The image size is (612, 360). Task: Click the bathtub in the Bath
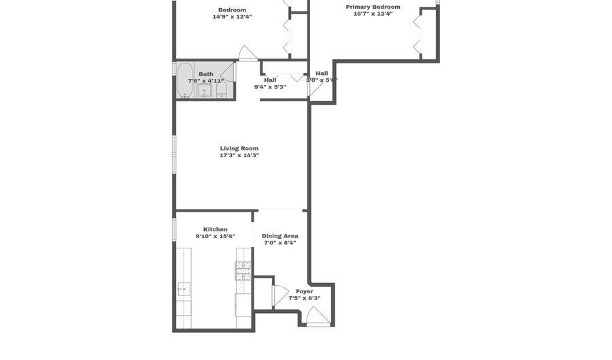tap(185, 80)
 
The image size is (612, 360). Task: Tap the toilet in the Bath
tap(221, 89)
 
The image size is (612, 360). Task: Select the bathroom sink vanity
tap(204, 91)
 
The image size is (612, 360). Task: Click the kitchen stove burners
tap(243, 272)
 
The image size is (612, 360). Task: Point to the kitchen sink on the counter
tap(183, 289)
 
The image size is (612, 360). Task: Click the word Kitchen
tap(216, 229)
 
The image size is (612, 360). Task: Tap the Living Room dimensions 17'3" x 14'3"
tap(239, 155)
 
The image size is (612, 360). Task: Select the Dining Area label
tap(280, 235)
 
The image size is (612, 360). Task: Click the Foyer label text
tap(304, 291)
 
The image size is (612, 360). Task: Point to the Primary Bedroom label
tap(373, 7)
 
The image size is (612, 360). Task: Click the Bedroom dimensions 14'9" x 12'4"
tap(233, 16)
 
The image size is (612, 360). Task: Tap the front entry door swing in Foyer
tap(316, 316)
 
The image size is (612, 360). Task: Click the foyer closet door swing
tap(279, 295)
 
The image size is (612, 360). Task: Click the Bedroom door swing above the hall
tap(248, 53)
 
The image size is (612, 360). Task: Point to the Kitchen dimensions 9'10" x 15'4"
tap(216, 237)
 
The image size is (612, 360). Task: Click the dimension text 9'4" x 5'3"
tap(270, 87)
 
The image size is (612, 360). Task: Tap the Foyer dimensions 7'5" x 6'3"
tap(304, 298)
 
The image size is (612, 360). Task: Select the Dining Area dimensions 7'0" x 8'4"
tap(280, 243)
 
